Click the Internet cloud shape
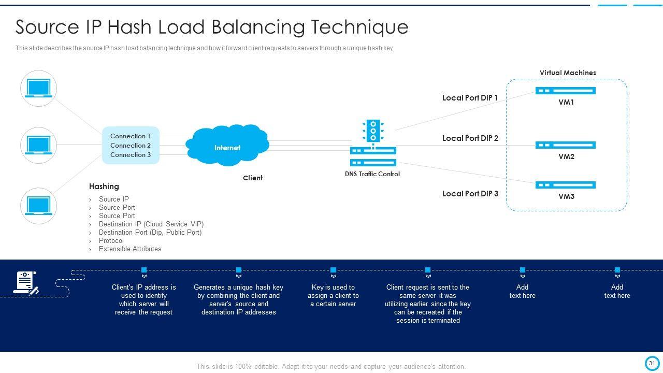coord(227,146)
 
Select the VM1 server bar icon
coord(566,91)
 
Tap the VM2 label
coord(566,156)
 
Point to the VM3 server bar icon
coord(566,185)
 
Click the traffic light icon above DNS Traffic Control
coord(373,131)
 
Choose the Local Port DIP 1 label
coord(470,98)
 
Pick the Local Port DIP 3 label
coord(470,194)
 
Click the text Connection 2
coord(131,146)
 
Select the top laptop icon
coord(38,89)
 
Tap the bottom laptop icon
coord(38,206)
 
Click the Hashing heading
coord(104,187)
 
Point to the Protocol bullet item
coord(111,241)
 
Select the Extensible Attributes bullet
coord(130,249)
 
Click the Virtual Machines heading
coord(568,73)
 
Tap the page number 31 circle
coord(652,363)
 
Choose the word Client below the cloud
coord(253,178)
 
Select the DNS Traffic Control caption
coord(372,174)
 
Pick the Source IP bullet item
coord(114,199)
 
